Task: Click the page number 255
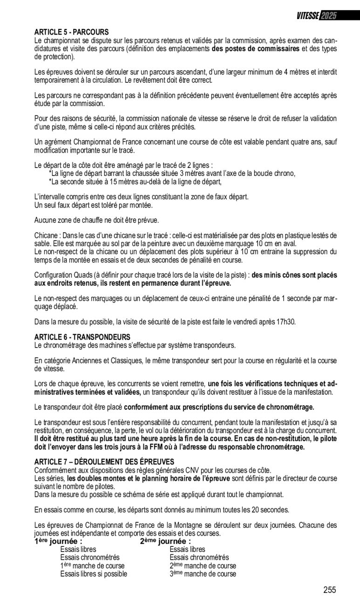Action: click(330, 590)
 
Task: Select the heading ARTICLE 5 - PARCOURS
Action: click(71, 32)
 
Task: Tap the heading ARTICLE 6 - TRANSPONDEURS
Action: click(82, 336)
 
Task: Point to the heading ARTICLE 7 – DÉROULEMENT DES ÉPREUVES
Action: click(104, 461)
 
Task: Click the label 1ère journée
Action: click(58, 541)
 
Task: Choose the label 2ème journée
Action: click(165, 541)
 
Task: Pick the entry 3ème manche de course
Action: click(203, 574)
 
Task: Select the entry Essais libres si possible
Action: click(94, 574)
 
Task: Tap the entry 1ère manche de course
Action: click(92, 566)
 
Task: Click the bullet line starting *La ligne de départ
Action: click(172, 174)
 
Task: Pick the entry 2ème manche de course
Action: click(203, 566)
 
